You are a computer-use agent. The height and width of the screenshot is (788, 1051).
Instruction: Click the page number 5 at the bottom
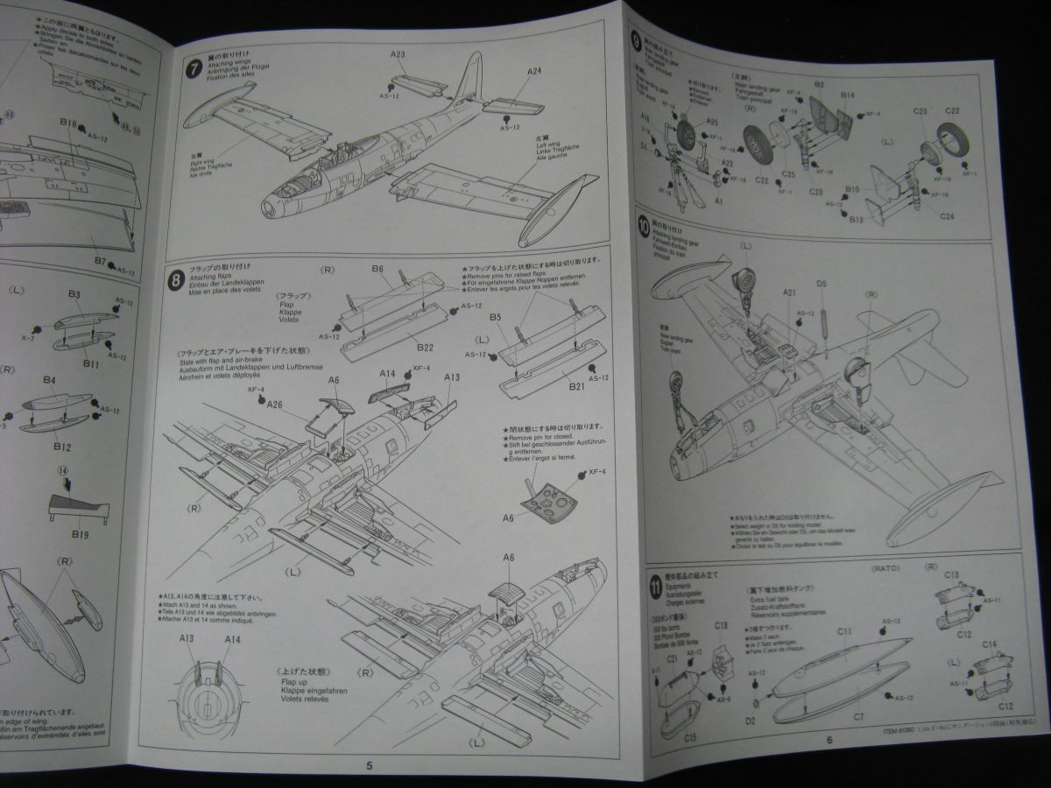coord(370,764)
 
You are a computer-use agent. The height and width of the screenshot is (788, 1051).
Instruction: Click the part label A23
coord(398,54)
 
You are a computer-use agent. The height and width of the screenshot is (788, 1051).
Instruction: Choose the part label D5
coord(822,285)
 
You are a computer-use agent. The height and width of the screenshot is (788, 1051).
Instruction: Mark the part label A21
coord(787,293)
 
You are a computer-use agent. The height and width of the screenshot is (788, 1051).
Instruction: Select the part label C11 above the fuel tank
coord(844,631)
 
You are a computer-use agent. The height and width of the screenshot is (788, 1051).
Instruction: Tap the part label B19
coord(80,534)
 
